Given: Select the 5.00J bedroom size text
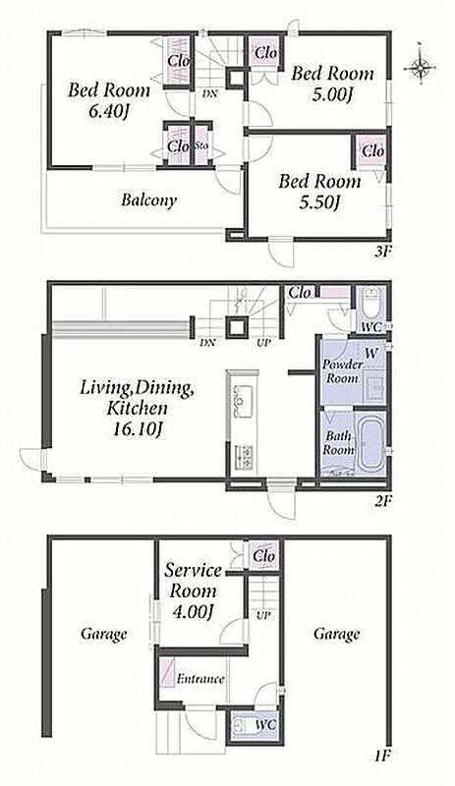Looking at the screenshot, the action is coord(330,95).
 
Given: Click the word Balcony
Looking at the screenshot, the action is coord(148,200).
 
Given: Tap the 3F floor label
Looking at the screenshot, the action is coord(382,252).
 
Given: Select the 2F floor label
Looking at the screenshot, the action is coord(382,499).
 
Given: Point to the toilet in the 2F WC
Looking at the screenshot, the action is coord(370,304).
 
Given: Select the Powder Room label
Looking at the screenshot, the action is coord(343,371).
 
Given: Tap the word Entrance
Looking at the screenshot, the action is coord(200,679).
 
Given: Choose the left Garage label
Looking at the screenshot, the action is coord(104,634).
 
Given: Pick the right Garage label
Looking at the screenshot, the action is coord(337,634).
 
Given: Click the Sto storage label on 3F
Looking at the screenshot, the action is coord(201,147).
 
